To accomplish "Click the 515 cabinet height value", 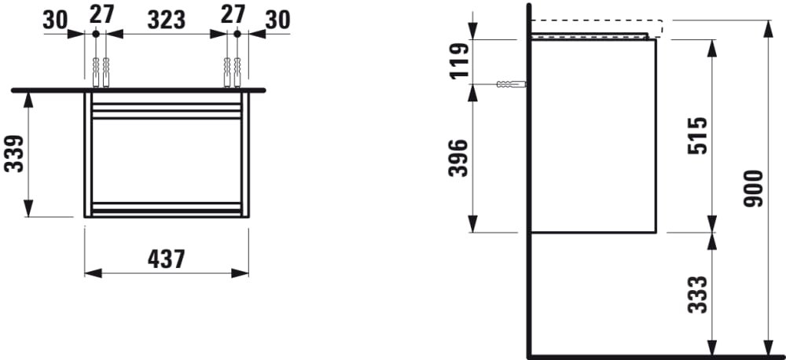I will [x=698, y=137].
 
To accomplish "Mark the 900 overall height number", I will [x=754, y=189].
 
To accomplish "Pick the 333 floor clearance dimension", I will [x=698, y=294].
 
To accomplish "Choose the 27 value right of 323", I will [x=233, y=15].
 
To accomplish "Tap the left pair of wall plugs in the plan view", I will [x=101, y=72].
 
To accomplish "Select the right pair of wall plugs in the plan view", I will [x=232, y=72].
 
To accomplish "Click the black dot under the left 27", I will [x=95, y=34].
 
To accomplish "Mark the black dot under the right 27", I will [x=237, y=34].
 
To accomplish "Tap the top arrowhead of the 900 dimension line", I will [x=766, y=27].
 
